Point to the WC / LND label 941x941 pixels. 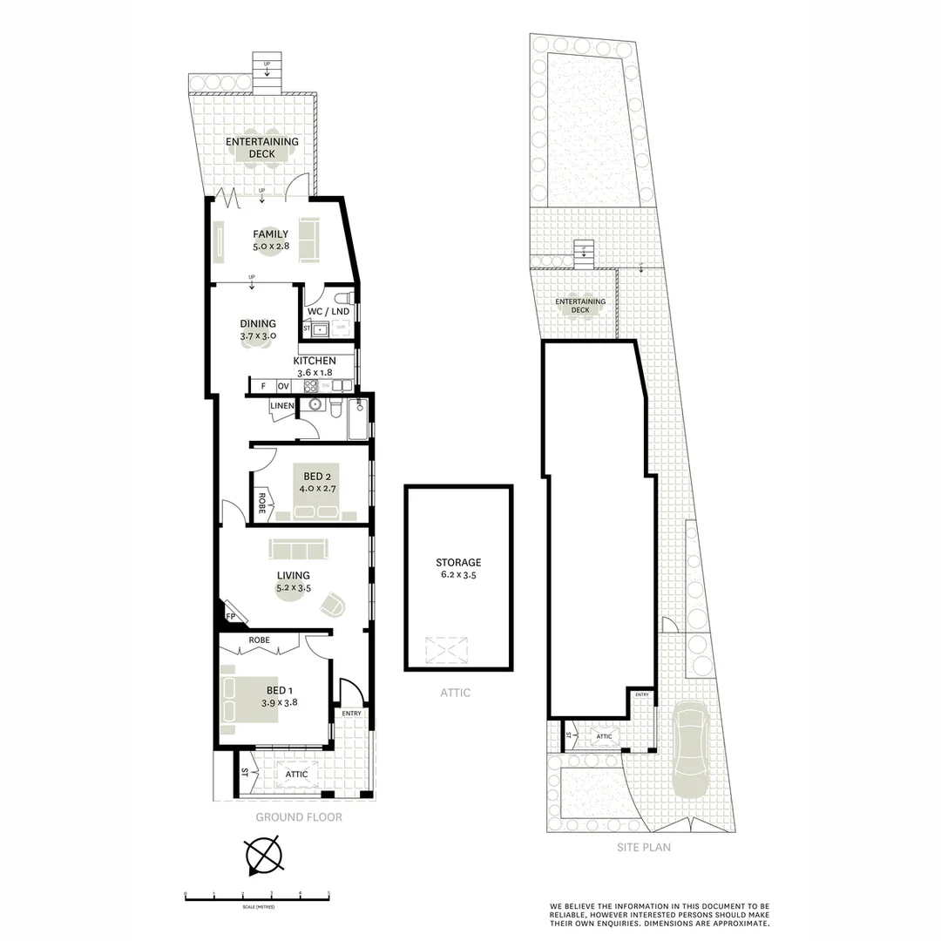point(328,312)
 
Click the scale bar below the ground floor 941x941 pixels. point(257,896)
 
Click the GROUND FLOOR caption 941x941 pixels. point(298,817)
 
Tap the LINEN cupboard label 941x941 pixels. point(281,406)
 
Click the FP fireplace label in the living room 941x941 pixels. point(230,616)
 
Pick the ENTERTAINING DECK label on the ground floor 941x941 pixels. point(261,147)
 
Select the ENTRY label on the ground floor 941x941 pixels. point(351,714)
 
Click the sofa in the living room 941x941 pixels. point(298,548)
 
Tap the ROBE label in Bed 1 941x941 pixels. point(260,640)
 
